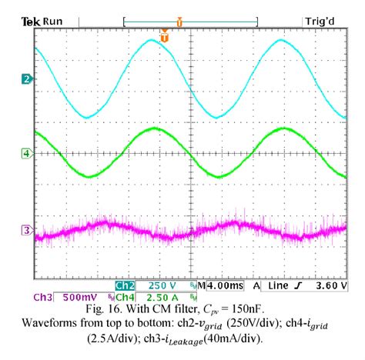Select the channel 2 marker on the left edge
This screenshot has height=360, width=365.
point(26,79)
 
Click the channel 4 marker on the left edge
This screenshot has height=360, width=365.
point(26,154)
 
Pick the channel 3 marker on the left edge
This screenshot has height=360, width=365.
point(26,229)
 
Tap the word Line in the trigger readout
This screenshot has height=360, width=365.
point(280,285)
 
